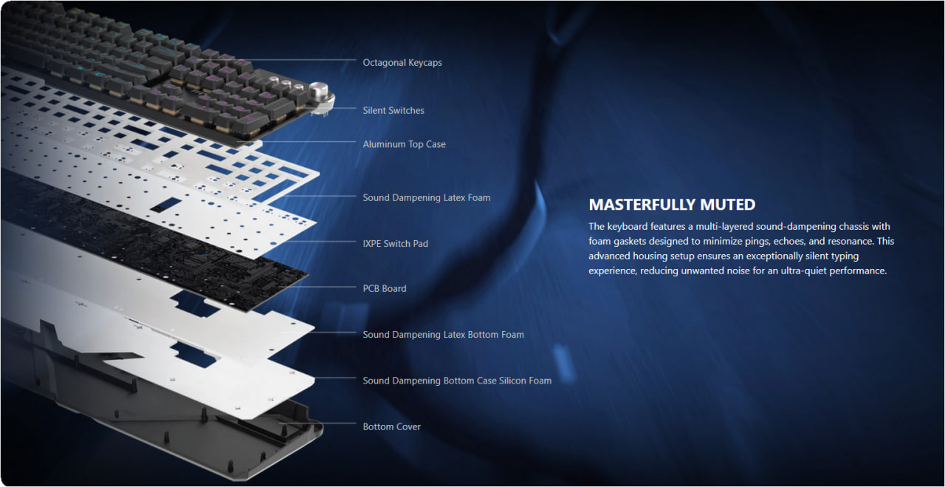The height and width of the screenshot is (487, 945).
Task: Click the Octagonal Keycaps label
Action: [x=402, y=63]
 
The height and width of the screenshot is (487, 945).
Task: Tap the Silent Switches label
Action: [x=394, y=110]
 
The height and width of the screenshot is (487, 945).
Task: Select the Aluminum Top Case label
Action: [x=404, y=144]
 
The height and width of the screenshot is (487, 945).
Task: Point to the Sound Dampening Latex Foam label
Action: [x=427, y=197]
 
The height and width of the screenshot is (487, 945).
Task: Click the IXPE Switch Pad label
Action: [x=395, y=244]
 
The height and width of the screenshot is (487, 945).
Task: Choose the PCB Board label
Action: [x=385, y=288]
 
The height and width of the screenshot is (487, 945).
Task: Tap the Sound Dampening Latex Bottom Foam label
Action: [x=444, y=335]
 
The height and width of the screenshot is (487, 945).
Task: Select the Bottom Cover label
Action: [x=391, y=426]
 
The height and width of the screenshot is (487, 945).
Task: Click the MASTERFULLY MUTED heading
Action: [x=672, y=205]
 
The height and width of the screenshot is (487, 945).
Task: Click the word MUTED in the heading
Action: [x=728, y=205]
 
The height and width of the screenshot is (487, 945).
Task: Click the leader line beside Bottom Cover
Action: [x=317, y=423]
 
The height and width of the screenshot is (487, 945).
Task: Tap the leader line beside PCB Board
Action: [x=317, y=287]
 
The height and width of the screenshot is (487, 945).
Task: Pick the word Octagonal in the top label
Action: [x=382, y=63]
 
